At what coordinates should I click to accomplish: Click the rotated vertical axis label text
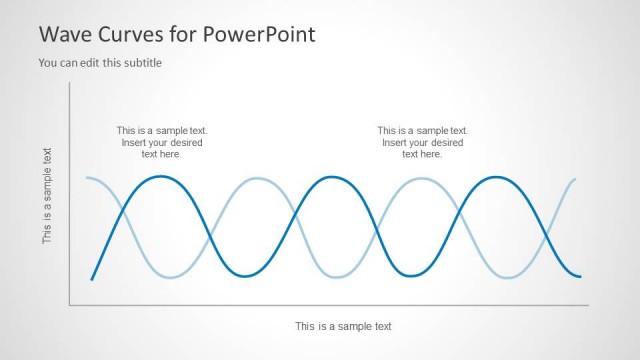coord(47,195)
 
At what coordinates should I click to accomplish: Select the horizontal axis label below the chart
coord(343,326)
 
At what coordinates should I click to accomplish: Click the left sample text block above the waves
coord(162,142)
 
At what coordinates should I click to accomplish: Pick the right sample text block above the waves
coord(422,142)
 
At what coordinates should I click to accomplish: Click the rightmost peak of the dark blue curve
coord(494,177)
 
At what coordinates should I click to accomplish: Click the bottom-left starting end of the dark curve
coord(92,279)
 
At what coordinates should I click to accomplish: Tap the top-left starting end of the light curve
coord(87,178)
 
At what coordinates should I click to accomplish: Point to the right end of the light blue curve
coord(576,179)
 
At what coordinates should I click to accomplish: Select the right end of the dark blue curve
coord(580,276)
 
